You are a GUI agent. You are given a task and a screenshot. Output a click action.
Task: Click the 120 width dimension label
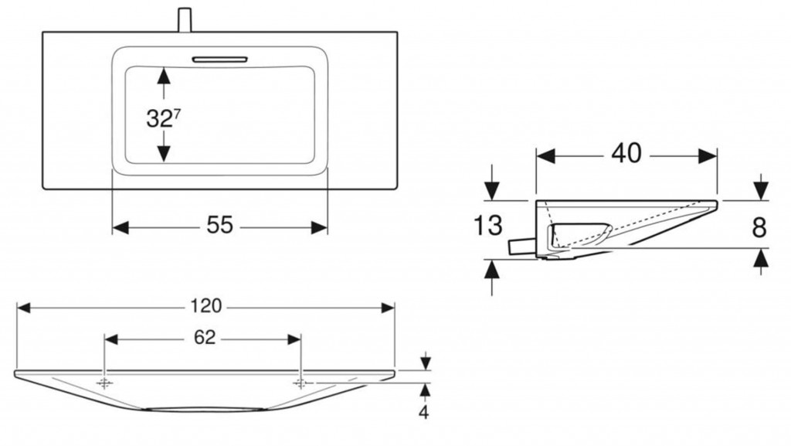coord(206,306)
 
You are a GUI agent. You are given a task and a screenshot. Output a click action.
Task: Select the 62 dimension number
coord(205,338)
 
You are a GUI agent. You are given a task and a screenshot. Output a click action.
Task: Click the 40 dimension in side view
coord(626,154)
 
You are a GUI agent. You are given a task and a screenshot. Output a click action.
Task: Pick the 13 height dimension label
coord(488,226)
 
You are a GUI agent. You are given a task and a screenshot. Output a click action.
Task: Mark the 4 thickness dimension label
coord(423,412)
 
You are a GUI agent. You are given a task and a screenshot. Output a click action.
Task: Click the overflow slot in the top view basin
coord(219,58)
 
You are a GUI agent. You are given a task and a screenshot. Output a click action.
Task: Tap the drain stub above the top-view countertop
coord(185,19)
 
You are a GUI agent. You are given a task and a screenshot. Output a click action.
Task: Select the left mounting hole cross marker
coord(105,383)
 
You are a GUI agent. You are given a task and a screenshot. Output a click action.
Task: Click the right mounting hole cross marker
coord(301,383)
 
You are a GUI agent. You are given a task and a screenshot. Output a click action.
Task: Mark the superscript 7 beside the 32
coord(178,112)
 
